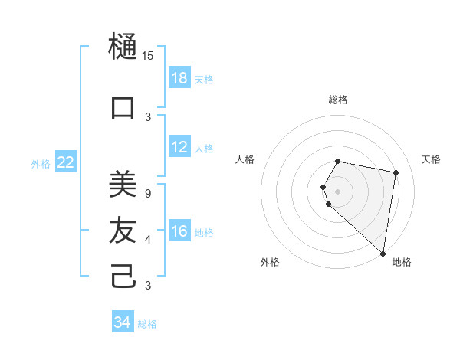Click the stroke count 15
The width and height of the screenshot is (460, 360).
pyautogui.click(x=148, y=55)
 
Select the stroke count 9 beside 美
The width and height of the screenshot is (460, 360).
pyautogui.click(x=148, y=193)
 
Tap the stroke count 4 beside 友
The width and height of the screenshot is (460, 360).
pyautogui.click(x=148, y=240)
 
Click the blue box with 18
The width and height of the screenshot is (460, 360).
pyautogui.click(x=179, y=78)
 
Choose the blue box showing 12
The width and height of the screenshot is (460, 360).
pyautogui.click(x=179, y=148)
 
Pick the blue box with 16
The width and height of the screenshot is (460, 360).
pyautogui.click(x=179, y=232)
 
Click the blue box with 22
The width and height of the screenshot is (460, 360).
pyautogui.click(x=66, y=162)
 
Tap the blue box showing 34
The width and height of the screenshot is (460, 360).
pyautogui.click(x=123, y=322)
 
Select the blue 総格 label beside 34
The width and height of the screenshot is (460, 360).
pyautogui.click(x=147, y=324)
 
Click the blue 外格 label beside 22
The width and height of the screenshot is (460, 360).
pyautogui.click(x=41, y=163)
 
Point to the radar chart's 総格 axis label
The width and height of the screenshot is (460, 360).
pyautogui.click(x=337, y=100)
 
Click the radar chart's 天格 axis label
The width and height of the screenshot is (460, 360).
pyautogui.click(x=431, y=159)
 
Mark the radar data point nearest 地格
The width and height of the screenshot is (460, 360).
pyautogui.click(x=383, y=253)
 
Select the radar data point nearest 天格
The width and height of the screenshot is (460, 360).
pyautogui.click(x=396, y=172)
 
